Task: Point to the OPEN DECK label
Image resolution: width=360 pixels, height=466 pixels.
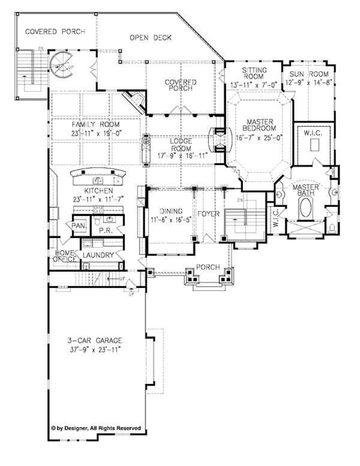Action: pos(151,38)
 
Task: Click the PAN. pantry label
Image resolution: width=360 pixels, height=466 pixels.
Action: pos(78,226)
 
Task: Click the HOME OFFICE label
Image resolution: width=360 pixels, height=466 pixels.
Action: pos(64,256)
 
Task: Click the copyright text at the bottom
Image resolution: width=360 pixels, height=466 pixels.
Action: pos(97,428)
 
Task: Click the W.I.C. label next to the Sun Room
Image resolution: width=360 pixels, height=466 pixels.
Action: pos(311,133)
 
